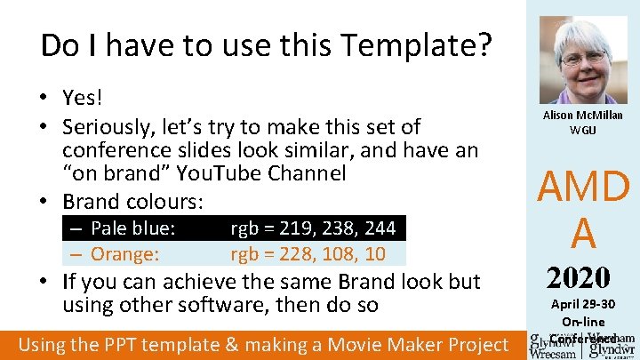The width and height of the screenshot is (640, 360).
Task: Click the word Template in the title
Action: coord(422,44)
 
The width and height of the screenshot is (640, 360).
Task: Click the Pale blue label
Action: coord(132,228)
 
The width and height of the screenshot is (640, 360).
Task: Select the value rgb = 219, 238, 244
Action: coord(313,228)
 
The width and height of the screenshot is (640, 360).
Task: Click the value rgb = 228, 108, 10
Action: coord(308,254)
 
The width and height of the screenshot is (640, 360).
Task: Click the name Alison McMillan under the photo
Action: coord(583,116)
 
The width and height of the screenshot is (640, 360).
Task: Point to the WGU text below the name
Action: coord(583,130)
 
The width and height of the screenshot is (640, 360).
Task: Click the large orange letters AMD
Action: coord(584,188)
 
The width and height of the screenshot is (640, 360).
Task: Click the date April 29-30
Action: coord(583,304)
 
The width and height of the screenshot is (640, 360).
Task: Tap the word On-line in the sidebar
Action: coord(583,322)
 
